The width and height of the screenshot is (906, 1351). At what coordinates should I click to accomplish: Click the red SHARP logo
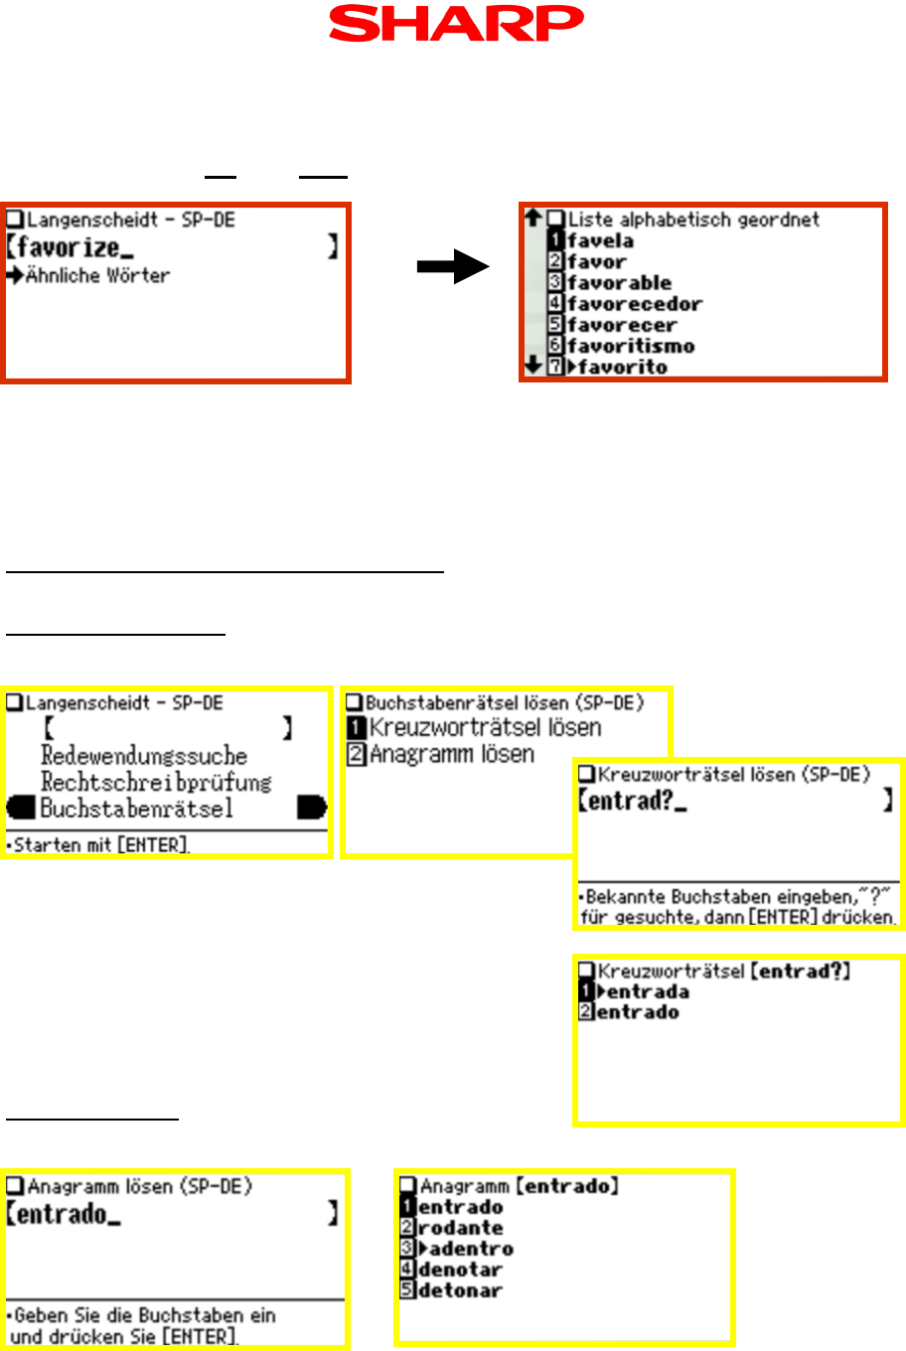click(456, 24)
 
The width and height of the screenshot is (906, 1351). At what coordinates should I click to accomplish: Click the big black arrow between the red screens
click(452, 266)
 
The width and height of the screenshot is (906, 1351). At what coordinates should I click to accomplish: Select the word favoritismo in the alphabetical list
click(631, 346)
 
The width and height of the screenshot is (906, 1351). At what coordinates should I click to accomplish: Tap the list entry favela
click(600, 240)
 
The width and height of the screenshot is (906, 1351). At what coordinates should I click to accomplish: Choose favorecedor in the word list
click(634, 304)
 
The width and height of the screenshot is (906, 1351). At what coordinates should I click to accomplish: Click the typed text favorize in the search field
click(70, 247)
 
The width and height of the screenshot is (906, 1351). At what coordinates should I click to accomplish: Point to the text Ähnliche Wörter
click(97, 275)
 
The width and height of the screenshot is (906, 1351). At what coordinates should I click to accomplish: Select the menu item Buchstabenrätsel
click(136, 809)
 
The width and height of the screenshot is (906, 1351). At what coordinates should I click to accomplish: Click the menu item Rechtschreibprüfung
click(156, 783)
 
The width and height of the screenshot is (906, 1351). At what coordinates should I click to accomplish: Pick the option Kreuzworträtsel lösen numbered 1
click(485, 728)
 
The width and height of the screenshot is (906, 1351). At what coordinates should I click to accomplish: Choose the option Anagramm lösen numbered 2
click(452, 755)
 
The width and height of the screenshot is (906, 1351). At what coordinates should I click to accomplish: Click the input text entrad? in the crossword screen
click(631, 801)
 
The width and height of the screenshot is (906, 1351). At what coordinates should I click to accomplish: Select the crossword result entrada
click(647, 991)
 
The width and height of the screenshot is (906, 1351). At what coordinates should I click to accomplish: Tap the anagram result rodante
click(460, 1228)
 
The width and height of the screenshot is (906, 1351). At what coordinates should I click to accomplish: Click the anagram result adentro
click(471, 1249)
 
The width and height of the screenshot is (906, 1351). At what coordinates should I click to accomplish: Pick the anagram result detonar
click(460, 1290)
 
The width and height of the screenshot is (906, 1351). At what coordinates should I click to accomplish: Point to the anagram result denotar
click(460, 1270)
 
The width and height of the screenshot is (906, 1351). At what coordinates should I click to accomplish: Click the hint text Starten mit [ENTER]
click(101, 845)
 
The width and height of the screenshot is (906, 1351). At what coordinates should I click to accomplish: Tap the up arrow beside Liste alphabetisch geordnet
click(533, 218)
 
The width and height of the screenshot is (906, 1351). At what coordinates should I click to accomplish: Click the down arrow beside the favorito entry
click(533, 366)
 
